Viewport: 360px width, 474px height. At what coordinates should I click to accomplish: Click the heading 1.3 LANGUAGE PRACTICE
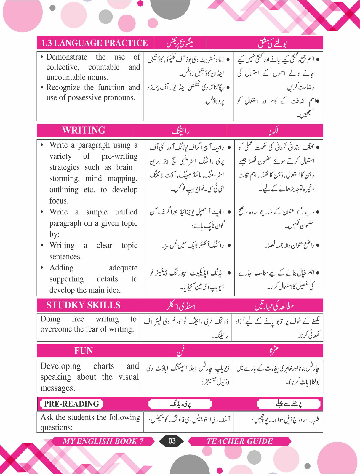[x=95, y=43]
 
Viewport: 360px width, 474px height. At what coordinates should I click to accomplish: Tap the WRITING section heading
[x=84, y=130]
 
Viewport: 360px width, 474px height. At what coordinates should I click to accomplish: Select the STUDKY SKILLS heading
[x=83, y=305]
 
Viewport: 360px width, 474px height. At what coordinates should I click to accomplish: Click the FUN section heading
[x=83, y=351]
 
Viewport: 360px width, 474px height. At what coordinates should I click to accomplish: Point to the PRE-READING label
[x=72, y=404]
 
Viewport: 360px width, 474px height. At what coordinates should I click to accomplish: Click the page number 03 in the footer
[x=172, y=441]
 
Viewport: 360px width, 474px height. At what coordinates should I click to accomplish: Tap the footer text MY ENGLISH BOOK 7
[x=103, y=441]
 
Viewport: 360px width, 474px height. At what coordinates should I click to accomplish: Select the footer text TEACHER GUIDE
[x=239, y=441]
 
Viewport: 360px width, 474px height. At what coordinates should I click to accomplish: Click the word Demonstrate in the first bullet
[x=67, y=57]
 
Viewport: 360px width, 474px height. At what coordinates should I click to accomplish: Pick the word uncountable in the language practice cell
[x=63, y=77]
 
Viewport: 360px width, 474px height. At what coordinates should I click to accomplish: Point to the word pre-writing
[x=119, y=156]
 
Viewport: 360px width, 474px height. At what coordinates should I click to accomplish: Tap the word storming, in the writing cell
[x=64, y=178]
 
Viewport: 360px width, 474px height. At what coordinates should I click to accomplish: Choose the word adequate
[x=123, y=268]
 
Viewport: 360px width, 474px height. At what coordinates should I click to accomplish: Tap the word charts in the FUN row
[x=103, y=366]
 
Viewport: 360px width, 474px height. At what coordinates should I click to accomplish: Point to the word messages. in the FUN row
[x=57, y=388]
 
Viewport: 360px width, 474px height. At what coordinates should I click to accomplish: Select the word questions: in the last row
[x=56, y=427]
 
